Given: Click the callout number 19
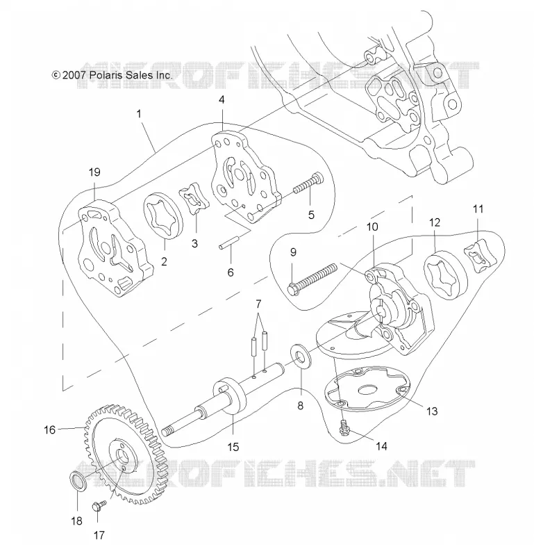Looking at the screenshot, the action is [x=94, y=172].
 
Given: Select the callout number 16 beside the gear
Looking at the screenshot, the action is [x=49, y=430].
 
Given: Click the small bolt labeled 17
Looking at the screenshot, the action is [x=99, y=505].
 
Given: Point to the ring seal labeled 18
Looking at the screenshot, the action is [x=78, y=481].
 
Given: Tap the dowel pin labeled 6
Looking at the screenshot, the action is [x=231, y=241].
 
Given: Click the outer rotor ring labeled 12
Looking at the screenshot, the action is [x=446, y=275].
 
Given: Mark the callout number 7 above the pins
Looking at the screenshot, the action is [x=258, y=304].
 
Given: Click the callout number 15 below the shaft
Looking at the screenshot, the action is [x=233, y=447].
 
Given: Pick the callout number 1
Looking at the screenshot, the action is [x=139, y=114].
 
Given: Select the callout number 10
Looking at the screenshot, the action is [x=372, y=227].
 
